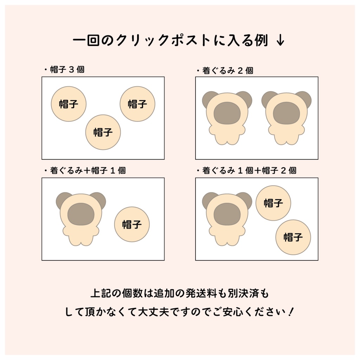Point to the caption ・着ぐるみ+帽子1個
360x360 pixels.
[85, 171]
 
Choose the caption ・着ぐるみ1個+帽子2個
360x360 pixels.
[246, 171]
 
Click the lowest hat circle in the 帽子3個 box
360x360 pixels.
[103, 132]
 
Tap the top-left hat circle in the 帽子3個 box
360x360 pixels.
[69, 104]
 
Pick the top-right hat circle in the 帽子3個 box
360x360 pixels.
[137, 104]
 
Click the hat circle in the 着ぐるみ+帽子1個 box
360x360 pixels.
[132, 224]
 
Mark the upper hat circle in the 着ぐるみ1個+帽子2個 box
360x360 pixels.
[273, 203]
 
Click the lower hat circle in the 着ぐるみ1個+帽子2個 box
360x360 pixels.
[293, 237]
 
